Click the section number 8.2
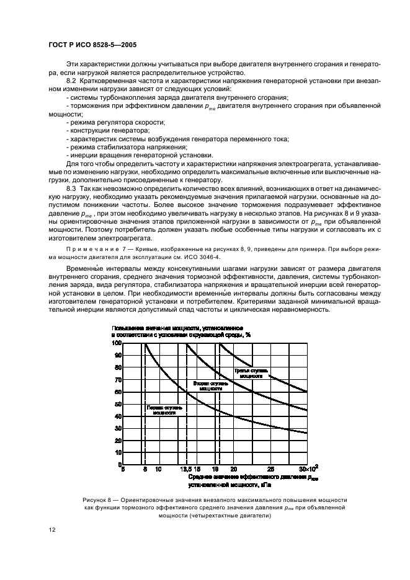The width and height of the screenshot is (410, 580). (x=71, y=82)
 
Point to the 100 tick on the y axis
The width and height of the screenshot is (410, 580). (x=115, y=343)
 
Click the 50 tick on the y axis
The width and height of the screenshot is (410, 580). (x=117, y=403)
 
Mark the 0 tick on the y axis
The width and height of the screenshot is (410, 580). (x=118, y=464)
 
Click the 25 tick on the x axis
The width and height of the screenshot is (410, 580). (x=270, y=470)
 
